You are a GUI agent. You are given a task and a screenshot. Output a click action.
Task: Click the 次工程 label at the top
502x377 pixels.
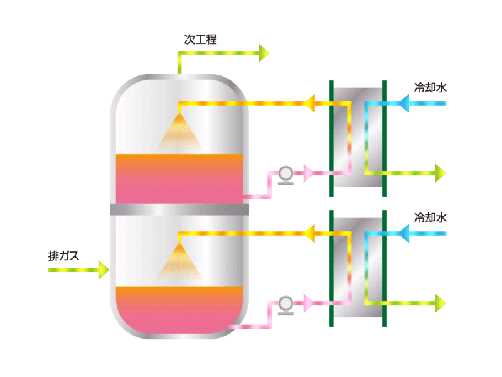coord(200,40)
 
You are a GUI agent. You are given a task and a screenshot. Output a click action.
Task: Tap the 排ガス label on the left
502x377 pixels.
coord(63,256)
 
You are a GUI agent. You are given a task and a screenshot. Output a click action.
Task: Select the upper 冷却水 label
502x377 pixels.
coord(430,87)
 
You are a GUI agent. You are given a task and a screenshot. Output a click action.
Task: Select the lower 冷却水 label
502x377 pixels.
coord(430,217)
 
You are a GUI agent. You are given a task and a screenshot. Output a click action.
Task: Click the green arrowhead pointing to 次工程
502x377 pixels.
coord(264,53)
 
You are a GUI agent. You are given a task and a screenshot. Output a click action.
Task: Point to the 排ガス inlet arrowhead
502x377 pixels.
coord(104,270)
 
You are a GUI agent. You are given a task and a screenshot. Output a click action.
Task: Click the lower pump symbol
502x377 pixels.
coord(286,305)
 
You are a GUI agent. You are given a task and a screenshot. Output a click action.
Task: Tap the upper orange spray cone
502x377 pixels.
coord(179,132)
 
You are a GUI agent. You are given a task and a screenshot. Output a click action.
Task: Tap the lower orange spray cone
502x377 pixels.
coord(179,262)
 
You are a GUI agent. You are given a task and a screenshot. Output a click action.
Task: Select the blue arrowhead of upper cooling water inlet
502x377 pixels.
coord(403,103)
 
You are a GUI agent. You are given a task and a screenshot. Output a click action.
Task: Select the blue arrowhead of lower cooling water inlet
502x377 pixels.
coord(403,233)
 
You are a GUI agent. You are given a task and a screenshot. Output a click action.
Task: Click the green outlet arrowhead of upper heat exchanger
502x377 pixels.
coord(441,173)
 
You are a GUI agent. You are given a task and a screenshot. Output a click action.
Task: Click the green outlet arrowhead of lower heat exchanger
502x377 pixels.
coord(441,303)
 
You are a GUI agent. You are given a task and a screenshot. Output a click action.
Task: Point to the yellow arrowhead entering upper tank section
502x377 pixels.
coord(309,103)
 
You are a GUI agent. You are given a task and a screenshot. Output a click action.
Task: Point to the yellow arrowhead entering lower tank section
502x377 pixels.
coord(309,233)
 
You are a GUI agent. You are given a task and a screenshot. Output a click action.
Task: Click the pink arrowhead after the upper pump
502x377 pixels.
coord(308,173)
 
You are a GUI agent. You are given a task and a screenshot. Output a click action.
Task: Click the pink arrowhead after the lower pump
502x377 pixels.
coord(308,303)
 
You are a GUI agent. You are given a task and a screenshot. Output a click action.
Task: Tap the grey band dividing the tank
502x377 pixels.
coord(179,209)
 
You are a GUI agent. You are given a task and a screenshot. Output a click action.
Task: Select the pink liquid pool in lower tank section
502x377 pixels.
coord(179,309)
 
